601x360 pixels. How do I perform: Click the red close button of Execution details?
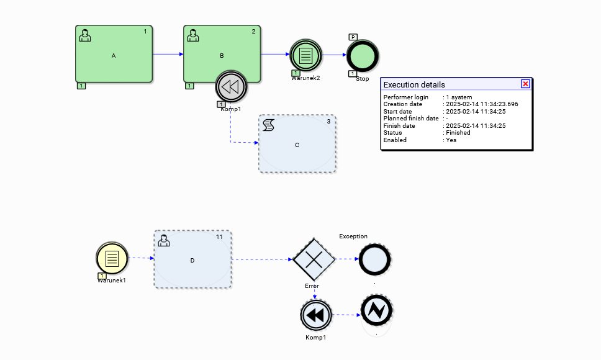(525, 84)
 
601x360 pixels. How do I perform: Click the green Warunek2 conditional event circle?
(305, 55)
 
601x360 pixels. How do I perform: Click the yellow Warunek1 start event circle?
(112, 258)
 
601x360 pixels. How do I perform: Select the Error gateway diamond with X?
(314, 259)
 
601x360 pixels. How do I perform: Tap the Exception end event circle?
(375, 259)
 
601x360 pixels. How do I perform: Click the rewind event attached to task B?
(231, 87)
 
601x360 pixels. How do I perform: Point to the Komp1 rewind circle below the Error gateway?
(315, 315)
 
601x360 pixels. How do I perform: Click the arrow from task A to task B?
(168, 54)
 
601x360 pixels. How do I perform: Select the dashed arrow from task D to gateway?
(261, 259)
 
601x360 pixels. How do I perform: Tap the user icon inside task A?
(85, 35)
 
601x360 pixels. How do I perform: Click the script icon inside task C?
(268, 125)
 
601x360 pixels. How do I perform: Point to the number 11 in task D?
(219, 237)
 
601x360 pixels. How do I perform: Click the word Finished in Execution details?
(458, 133)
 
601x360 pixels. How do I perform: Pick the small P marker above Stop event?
(353, 37)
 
